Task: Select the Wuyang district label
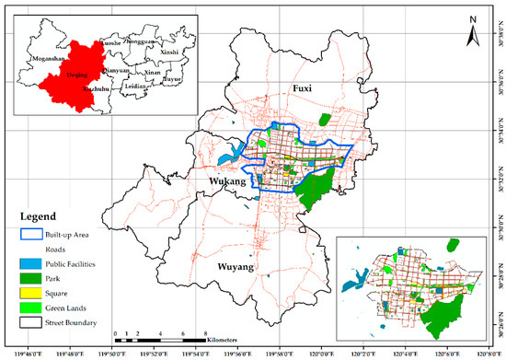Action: pyautogui.click(x=236, y=267)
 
